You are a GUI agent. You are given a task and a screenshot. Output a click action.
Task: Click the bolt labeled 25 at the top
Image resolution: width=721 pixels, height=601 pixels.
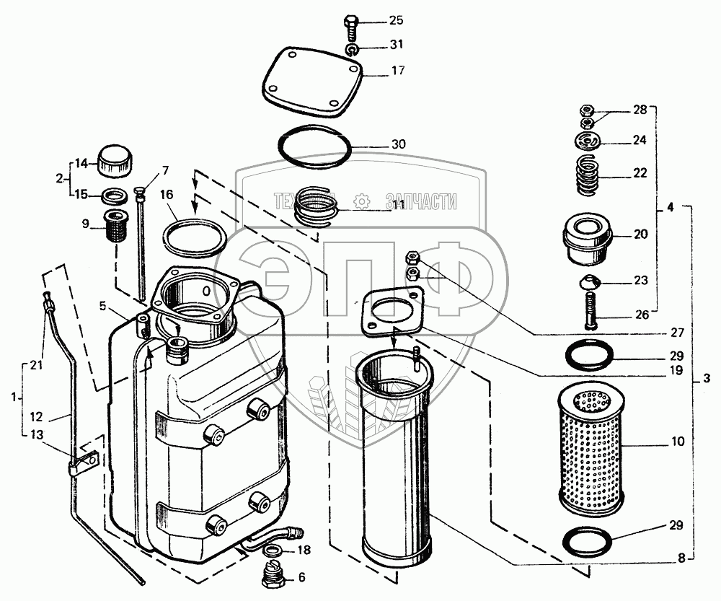tap(352, 27)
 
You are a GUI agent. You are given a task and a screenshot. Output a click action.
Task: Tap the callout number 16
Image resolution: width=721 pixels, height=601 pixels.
tap(167, 194)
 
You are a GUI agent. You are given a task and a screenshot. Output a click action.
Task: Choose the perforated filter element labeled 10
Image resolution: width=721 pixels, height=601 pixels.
tap(588, 442)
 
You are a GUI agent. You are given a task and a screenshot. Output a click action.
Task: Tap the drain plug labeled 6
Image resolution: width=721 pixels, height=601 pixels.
tap(273, 577)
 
